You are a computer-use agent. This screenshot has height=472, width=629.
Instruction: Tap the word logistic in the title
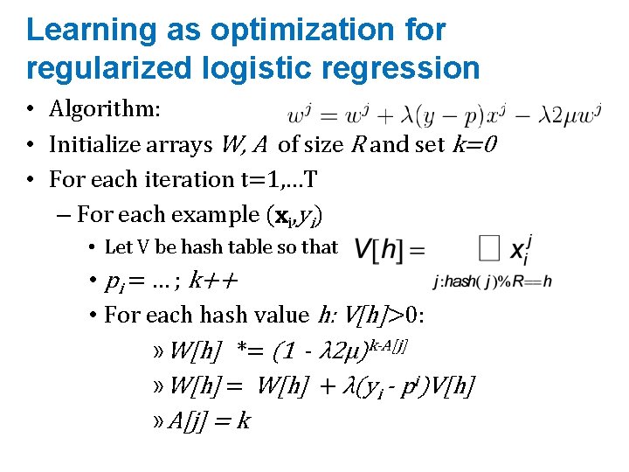tap(238, 68)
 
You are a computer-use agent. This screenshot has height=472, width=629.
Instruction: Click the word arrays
tap(177, 144)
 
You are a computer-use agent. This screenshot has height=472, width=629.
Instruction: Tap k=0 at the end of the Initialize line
tap(473, 144)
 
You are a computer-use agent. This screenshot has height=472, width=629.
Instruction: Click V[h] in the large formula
tap(378, 250)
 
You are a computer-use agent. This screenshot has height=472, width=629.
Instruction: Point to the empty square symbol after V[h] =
tap(488, 250)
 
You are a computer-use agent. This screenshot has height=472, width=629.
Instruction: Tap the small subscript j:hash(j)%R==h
tap(492, 281)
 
